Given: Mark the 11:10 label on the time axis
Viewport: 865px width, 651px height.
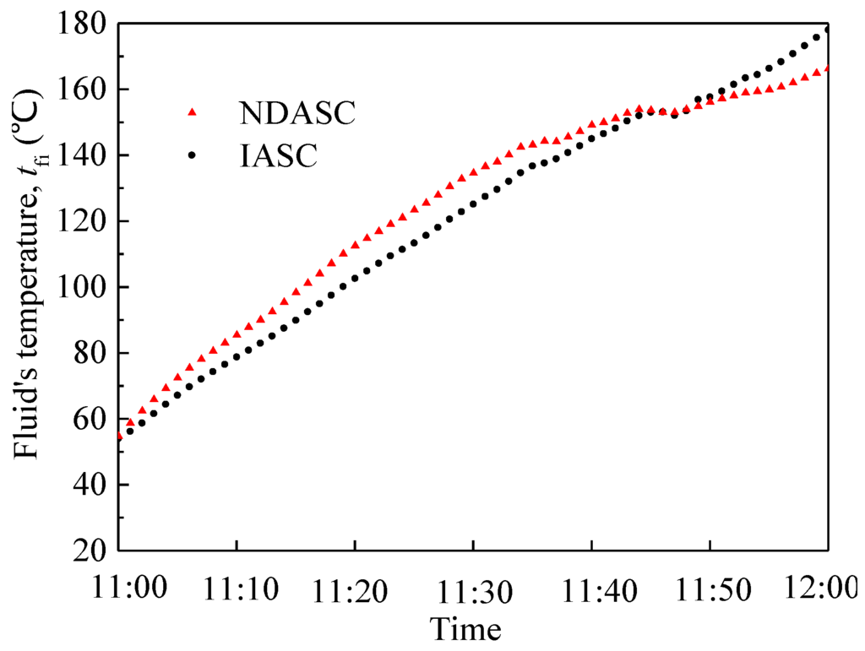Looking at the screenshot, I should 237,589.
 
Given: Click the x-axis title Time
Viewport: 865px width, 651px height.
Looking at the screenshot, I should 465,628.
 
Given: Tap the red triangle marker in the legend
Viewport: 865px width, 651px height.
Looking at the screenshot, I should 192,111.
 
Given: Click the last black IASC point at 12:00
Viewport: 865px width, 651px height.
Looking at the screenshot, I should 827,30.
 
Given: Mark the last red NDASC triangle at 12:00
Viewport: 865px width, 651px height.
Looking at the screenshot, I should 827,68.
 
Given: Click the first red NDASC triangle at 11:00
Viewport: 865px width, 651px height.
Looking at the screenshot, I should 120,435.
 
